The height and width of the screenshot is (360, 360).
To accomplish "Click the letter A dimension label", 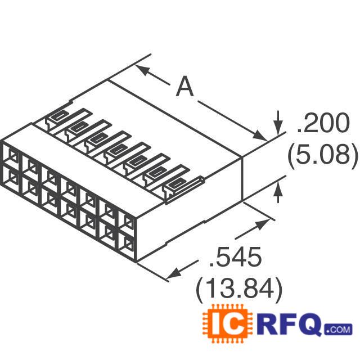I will (x=185, y=88).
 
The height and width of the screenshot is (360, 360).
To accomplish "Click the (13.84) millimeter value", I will (x=238, y=289).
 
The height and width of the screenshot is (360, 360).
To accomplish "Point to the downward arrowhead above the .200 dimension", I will (x=277, y=122).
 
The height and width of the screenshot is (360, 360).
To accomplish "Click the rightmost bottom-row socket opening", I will (x=128, y=243).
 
